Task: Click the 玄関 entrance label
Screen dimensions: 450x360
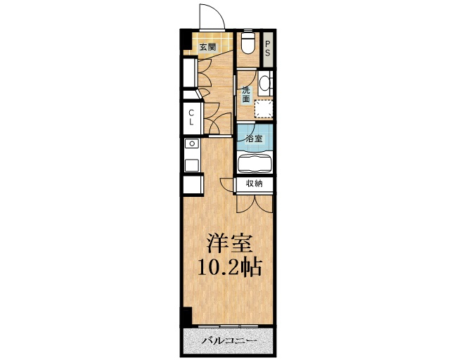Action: pos(207,47)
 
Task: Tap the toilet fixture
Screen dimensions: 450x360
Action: pos(247,42)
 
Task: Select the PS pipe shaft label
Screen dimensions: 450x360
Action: pos(267,49)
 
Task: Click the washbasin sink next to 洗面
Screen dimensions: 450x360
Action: pos(264,83)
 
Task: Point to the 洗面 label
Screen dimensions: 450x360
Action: pos(246,95)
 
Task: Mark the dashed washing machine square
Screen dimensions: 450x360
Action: pos(264,109)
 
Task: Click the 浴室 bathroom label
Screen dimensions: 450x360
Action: pos(255,139)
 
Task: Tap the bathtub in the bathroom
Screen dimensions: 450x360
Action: pos(255,164)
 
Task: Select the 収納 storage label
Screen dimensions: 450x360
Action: pos(255,184)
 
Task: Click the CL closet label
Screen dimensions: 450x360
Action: pos(191,117)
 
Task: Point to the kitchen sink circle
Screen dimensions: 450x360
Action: pos(192,143)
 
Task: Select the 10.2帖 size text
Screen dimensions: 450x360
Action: pos(230,268)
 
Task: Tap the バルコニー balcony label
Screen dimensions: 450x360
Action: pos(229,341)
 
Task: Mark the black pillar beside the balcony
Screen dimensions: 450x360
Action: pos(186,317)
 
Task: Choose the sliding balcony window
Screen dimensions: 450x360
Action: pos(229,326)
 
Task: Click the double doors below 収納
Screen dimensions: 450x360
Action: pos(255,204)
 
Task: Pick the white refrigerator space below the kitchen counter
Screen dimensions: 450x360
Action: pos(193,185)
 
